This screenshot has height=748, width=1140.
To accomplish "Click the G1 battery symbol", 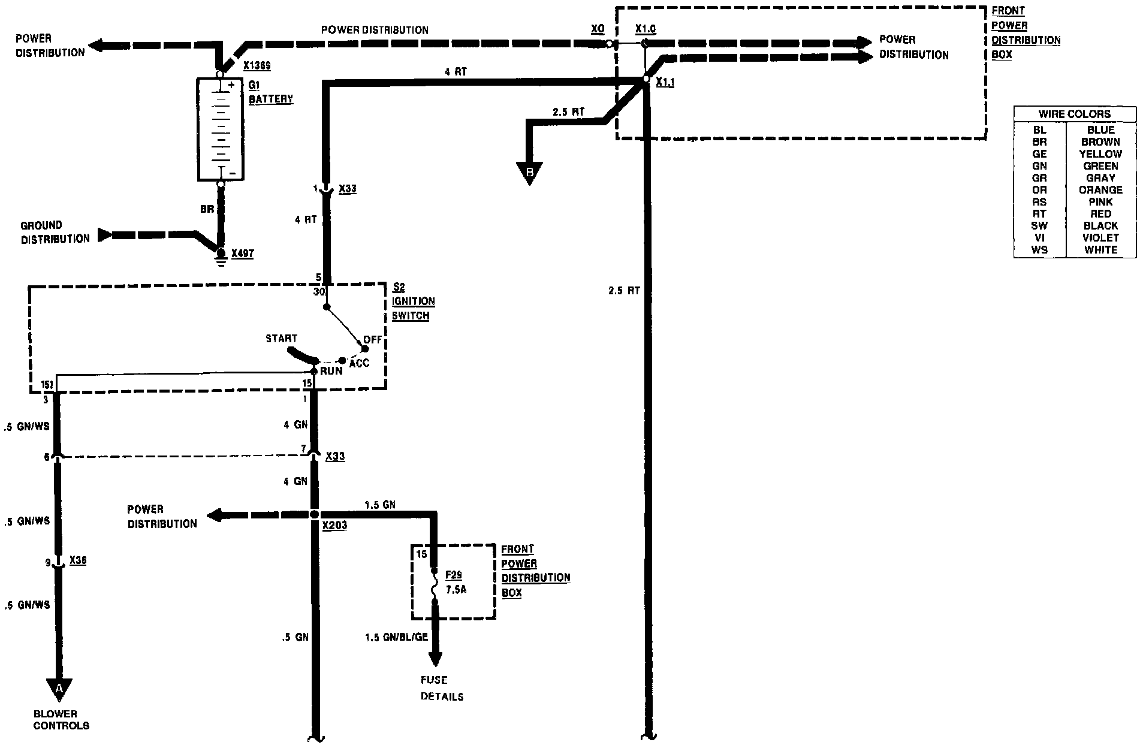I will point(221,128).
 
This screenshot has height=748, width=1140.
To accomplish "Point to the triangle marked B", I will point(529,173).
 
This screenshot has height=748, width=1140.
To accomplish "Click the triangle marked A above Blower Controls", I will point(59,689).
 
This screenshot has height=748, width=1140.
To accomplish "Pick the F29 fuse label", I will point(454,575).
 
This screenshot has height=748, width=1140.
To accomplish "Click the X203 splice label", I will point(334,526).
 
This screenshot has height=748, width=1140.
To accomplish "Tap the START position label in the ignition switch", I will point(281,339).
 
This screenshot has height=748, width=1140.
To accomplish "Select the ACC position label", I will point(360,363).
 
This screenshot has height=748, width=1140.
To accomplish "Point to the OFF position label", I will point(372,340).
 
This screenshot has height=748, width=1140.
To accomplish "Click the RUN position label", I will point(331,371).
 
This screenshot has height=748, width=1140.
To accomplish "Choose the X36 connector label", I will point(78,561).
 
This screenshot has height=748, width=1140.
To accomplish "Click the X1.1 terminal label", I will point(665,83).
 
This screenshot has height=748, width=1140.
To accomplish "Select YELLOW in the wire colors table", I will point(1100,154).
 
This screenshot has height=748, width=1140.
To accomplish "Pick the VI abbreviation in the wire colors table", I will point(1039,238).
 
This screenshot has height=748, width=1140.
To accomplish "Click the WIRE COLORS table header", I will point(1075,114).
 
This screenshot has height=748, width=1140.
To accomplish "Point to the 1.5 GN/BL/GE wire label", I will point(396,637).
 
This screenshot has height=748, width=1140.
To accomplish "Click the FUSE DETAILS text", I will point(442,688).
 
